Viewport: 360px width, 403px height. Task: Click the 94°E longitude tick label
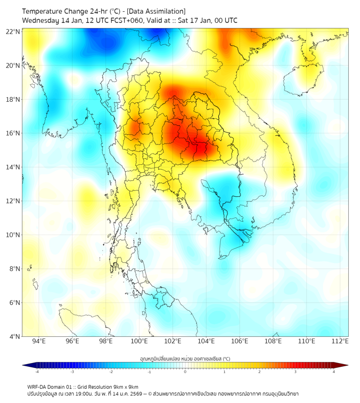pyautogui.click(x=39, y=341)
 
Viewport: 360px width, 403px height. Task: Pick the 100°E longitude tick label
pyautogui.click(x=140, y=341)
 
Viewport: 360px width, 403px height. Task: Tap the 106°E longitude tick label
pyautogui.click(x=240, y=341)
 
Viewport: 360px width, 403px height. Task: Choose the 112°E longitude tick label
pyautogui.click(x=340, y=341)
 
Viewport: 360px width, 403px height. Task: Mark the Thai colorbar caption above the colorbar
pyautogui.click(x=185, y=359)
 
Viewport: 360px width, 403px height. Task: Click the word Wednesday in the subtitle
pyautogui.click(x=41, y=21)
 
